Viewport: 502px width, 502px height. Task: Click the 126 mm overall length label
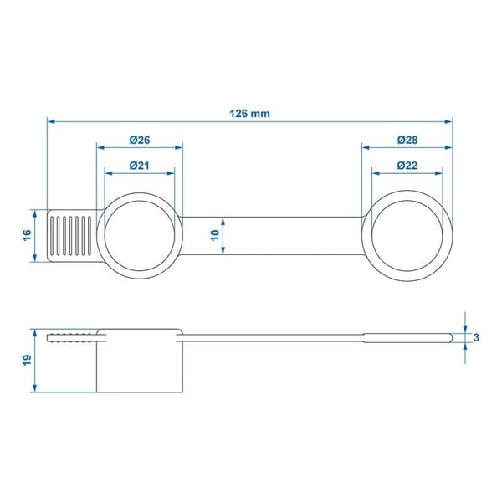click(x=249, y=114)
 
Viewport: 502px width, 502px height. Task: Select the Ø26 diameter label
click(x=140, y=140)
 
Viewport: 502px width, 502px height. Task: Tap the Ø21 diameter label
click(x=140, y=166)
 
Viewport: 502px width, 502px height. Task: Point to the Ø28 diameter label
click(x=407, y=140)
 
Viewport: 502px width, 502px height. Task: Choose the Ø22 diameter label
click(x=407, y=166)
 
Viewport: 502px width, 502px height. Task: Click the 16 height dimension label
click(x=28, y=235)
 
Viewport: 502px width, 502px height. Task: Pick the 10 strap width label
click(x=215, y=235)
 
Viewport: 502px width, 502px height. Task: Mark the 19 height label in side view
click(x=28, y=360)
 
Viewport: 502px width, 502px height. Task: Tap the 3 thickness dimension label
click(x=476, y=337)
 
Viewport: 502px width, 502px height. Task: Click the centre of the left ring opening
click(x=140, y=236)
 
